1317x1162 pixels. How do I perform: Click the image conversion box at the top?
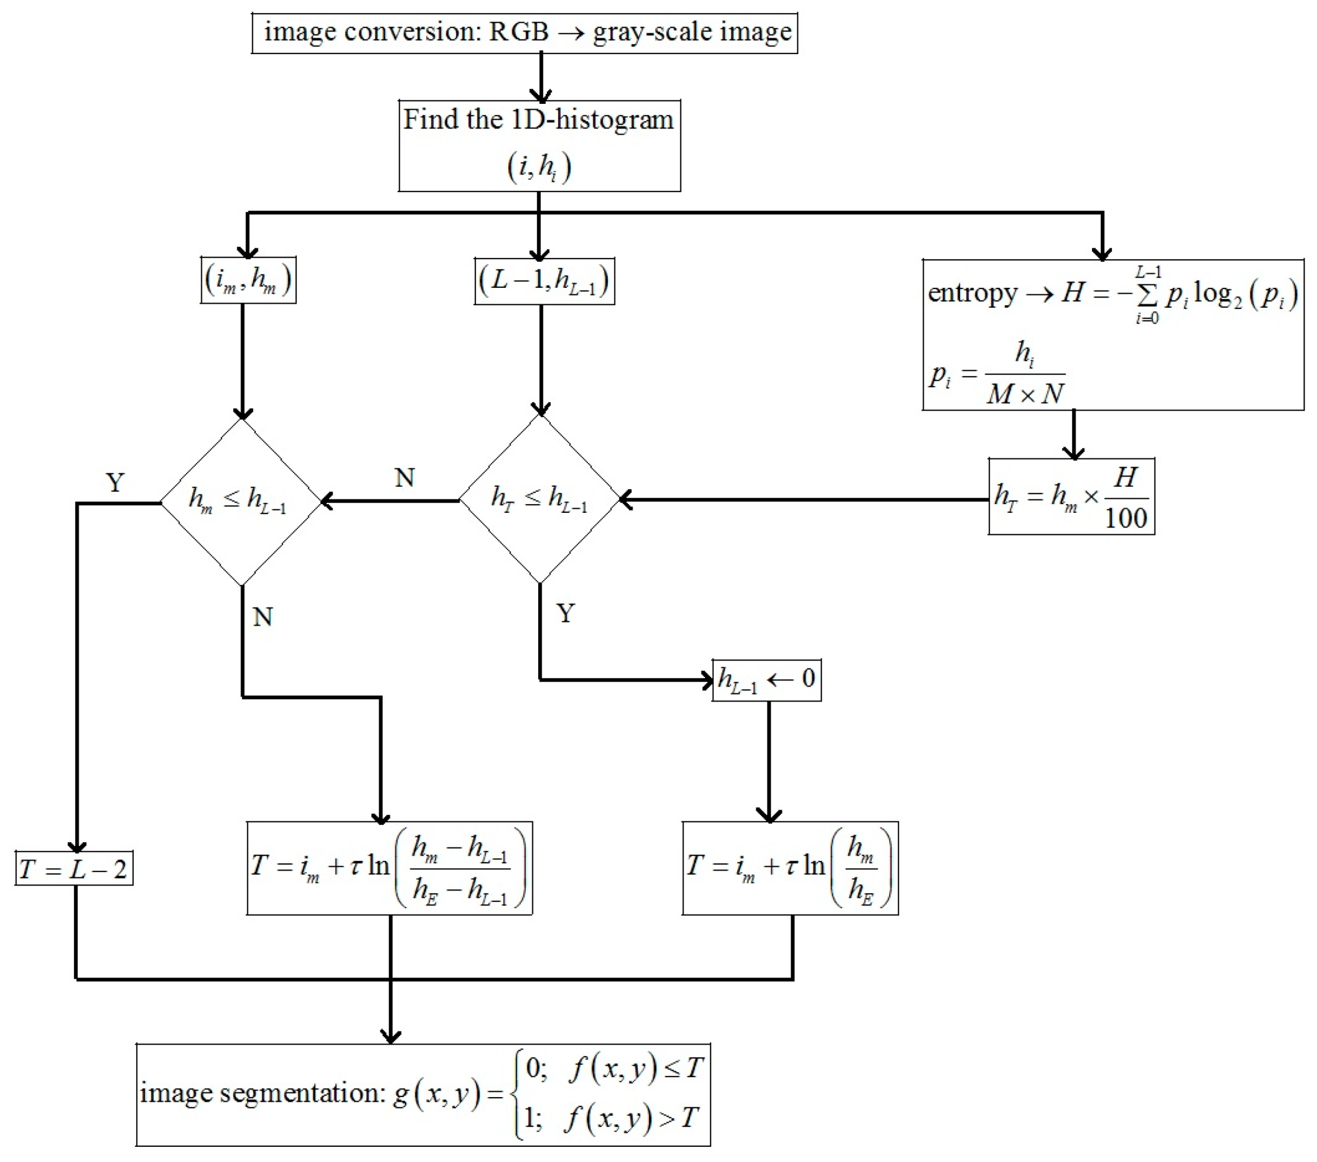pyautogui.click(x=524, y=33)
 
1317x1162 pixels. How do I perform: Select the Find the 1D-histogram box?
pyautogui.click(x=539, y=145)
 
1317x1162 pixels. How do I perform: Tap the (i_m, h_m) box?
pyautogui.click(x=248, y=280)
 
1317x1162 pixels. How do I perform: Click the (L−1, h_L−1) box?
pyautogui.click(x=544, y=281)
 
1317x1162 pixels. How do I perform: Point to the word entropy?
pyautogui.click(x=971, y=293)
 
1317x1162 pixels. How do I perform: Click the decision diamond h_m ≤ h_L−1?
pyautogui.click(x=240, y=501)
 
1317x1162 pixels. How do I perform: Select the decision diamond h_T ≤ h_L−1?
pyautogui.click(x=540, y=499)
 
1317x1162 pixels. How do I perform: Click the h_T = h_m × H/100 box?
pyautogui.click(x=1071, y=496)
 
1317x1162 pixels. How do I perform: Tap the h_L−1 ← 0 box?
pyautogui.click(x=766, y=680)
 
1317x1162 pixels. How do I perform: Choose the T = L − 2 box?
pyautogui.click(x=74, y=869)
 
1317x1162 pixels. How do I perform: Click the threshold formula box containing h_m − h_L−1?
pyautogui.click(x=389, y=868)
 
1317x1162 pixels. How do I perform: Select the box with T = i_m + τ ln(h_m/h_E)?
pyautogui.click(x=790, y=868)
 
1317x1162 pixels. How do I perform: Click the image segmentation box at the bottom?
pyautogui.click(x=422, y=1094)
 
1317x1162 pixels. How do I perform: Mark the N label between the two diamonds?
pyautogui.click(x=404, y=478)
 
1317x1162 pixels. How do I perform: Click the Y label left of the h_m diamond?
pyautogui.click(x=115, y=482)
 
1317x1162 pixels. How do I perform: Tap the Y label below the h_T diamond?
pyautogui.click(x=565, y=613)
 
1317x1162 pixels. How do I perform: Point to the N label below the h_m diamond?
pyautogui.click(x=262, y=617)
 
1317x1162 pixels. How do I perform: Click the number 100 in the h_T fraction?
pyautogui.click(x=1126, y=518)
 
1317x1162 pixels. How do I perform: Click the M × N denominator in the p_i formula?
pyautogui.click(x=1025, y=394)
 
